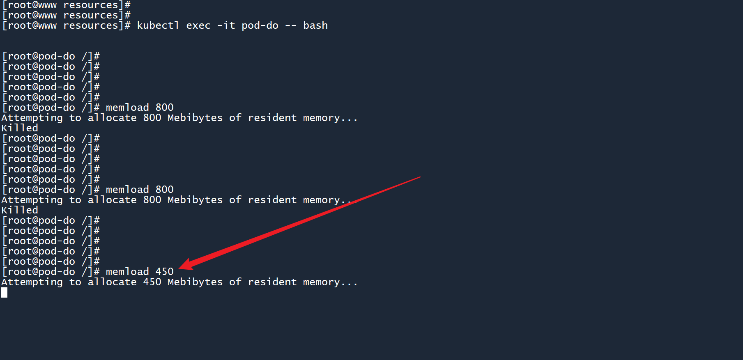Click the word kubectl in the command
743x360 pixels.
pyautogui.click(x=158, y=25)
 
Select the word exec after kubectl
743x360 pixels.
pyautogui.click(x=198, y=25)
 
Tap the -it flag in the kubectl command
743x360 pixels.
pyautogui.click(x=226, y=25)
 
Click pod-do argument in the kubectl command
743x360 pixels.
pyautogui.click(x=260, y=25)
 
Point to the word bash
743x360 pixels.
pyautogui.click(x=315, y=25)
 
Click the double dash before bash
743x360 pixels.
pyautogui.click(x=290, y=25)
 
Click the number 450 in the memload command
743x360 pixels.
pyautogui.click(x=164, y=272)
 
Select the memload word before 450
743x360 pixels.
pyautogui.click(x=127, y=272)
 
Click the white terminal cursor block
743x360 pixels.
pyautogui.click(x=4, y=292)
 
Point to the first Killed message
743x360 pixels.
pyautogui.click(x=20, y=128)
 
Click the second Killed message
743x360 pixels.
pyautogui.click(x=20, y=210)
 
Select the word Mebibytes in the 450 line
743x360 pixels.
pyautogui.click(x=195, y=282)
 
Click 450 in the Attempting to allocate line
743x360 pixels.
pyautogui.click(x=152, y=282)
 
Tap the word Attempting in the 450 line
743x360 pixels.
pyautogui.click(x=32, y=282)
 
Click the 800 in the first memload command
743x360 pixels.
pyautogui.click(x=164, y=108)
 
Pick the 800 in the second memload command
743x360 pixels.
pyautogui.click(x=164, y=190)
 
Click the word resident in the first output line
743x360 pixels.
pyautogui.click(x=272, y=118)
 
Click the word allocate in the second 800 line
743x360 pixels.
pyautogui.click(x=112, y=200)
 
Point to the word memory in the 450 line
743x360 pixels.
pyautogui.click(x=321, y=282)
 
